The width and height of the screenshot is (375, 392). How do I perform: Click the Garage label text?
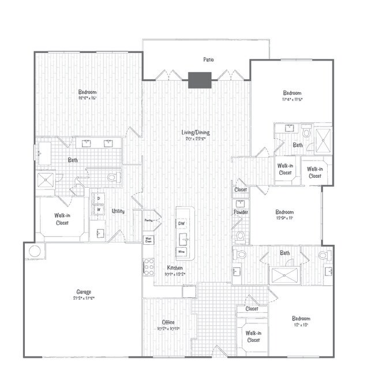83,292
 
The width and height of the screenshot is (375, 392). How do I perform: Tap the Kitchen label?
175,268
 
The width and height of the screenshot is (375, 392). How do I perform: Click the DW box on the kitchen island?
181,223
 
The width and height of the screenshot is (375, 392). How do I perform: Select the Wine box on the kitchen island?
181,252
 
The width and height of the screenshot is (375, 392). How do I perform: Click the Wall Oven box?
148,239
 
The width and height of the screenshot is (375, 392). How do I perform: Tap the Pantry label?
148,220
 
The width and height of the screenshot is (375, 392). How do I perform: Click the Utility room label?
119,211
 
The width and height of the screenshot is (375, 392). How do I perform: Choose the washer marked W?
99,209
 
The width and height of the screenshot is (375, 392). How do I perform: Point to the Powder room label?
241,212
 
